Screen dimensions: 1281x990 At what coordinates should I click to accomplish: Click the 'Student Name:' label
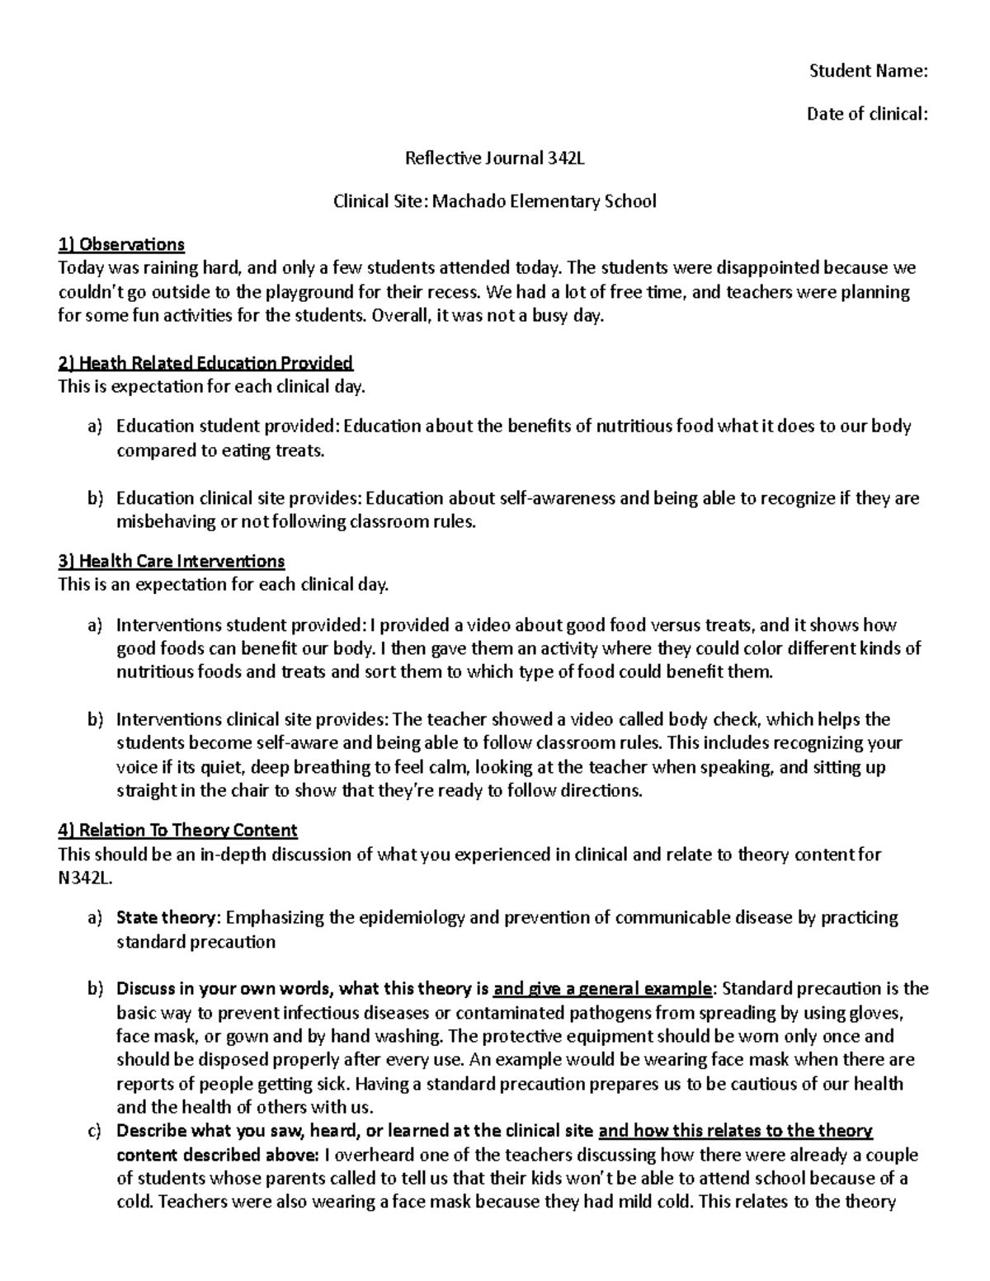(869, 71)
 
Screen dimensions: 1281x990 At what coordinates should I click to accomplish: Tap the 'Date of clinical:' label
(867, 114)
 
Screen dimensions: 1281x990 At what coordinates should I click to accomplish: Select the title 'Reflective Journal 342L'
(494, 158)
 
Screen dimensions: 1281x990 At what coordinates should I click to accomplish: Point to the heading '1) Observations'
(121, 244)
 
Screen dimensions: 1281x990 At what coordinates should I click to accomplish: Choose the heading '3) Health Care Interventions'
(172, 562)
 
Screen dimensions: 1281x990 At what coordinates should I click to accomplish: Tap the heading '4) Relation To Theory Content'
(177, 831)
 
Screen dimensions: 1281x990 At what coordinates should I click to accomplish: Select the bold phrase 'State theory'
(167, 918)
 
